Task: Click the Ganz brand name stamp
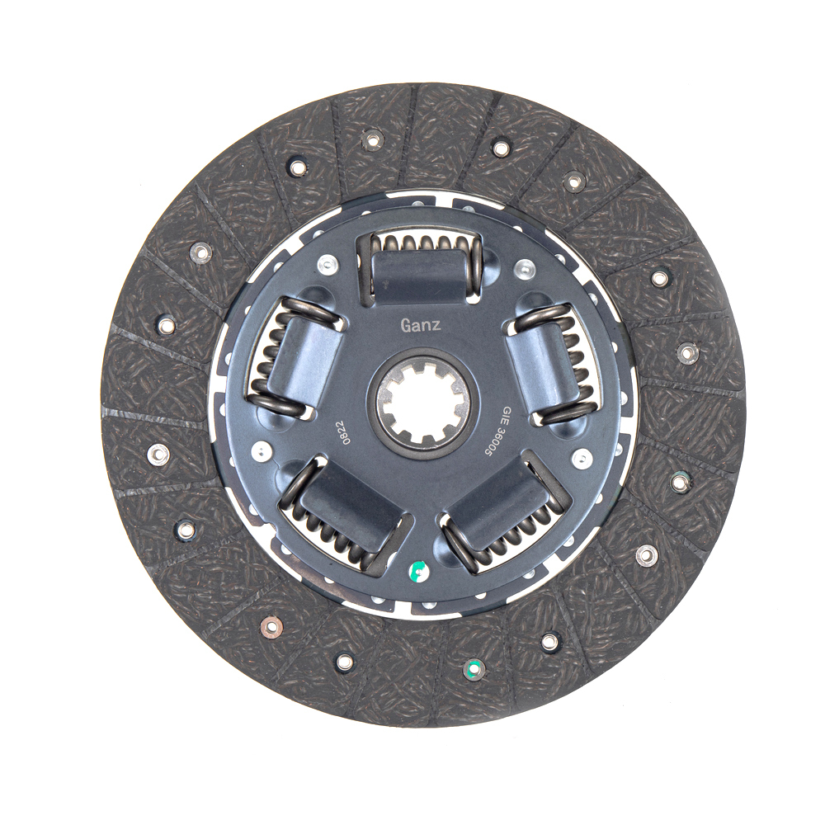click(421, 326)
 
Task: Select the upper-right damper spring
click(553, 364)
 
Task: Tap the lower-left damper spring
click(343, 515)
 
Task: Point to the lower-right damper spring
click(506, 515)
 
